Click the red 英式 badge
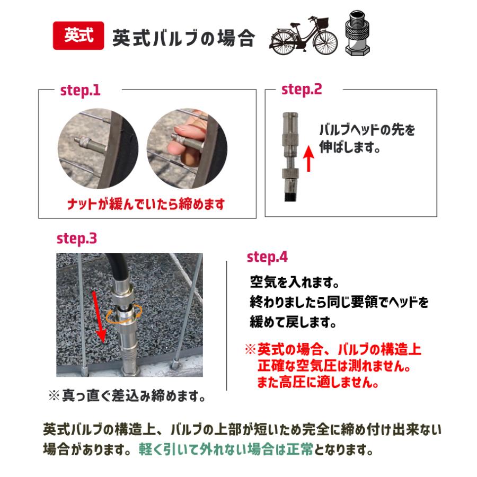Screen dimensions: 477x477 pos(78,36)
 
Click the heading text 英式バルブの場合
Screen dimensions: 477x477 pos(183,38)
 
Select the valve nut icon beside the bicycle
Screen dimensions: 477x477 pos(358,33)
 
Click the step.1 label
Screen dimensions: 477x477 pos(79,90)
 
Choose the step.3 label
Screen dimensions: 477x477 pos(77,239)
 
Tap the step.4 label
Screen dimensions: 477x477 pos(267,258)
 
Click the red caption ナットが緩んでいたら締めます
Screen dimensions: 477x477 pos(146,204)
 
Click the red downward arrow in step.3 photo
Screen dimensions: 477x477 pos(99,318)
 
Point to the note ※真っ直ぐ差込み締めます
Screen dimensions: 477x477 pos(127,395)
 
